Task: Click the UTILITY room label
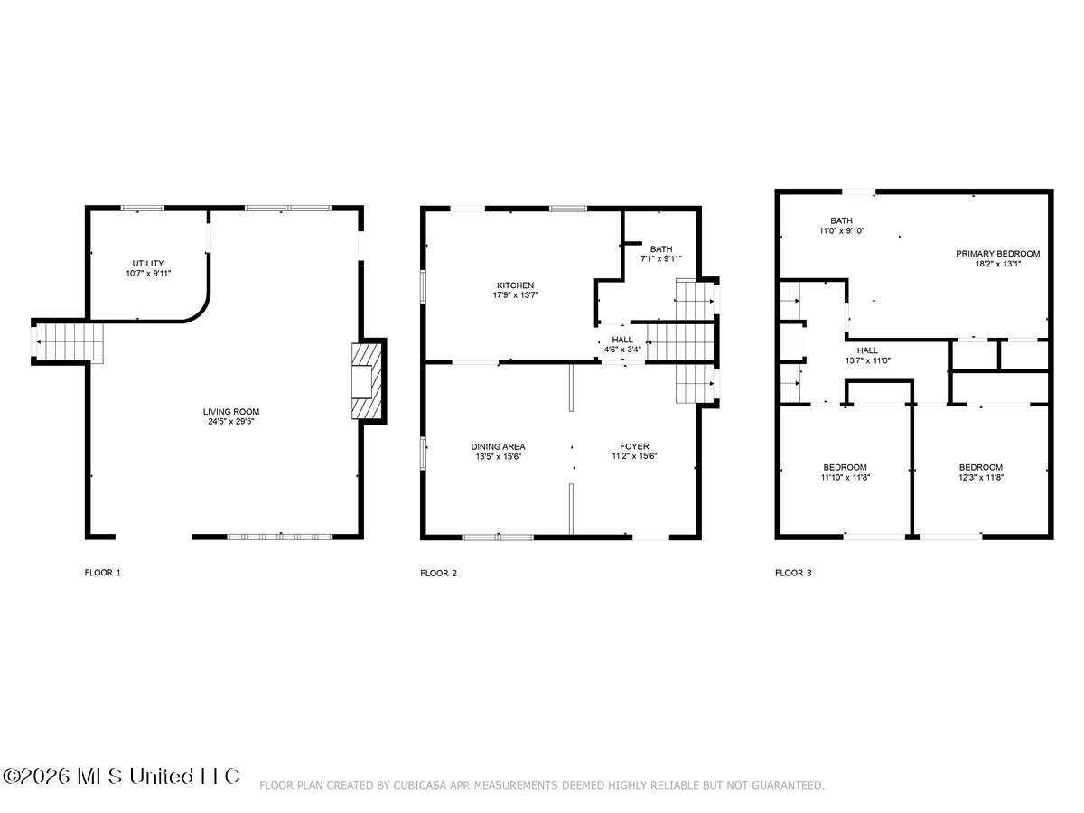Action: point(147,264)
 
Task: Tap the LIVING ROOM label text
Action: point(231,412)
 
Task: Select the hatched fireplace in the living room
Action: point(367,381)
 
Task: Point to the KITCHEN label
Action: point(515,285)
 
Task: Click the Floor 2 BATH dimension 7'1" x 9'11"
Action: point(661,258)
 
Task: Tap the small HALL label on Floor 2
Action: point(622,340)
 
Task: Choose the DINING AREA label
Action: point(498,447)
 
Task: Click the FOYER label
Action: point(635,446)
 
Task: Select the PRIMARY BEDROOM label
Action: point(997,254)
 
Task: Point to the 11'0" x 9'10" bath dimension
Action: point(842,230)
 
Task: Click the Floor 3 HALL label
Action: point(867,350)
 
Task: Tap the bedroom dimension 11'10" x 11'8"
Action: point(845,477)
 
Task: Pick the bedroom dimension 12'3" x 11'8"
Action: point(981,477)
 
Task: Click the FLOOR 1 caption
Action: point(103,573)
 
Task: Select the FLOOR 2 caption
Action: point(438,573)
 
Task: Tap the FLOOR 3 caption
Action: point(793,573)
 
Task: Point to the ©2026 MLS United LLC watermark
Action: point(121,777)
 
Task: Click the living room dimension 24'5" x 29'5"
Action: point(230,422)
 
